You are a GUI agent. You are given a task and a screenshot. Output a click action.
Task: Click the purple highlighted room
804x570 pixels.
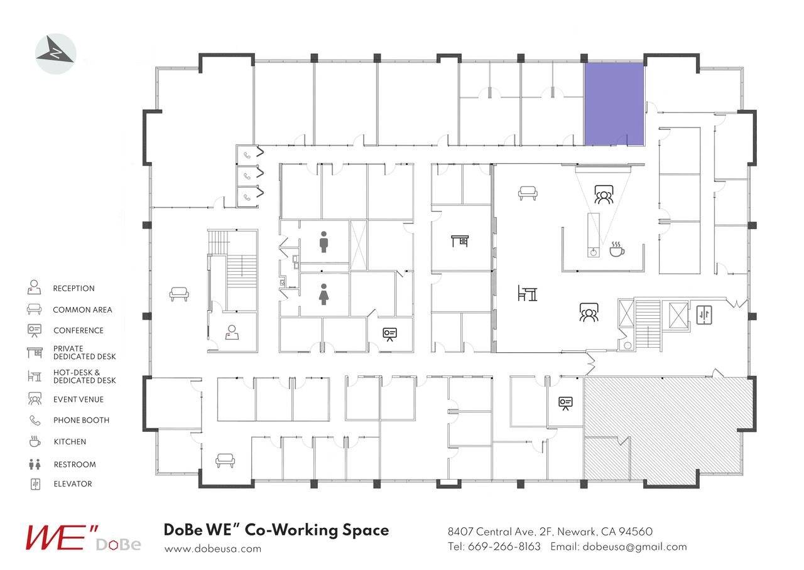pyautogui.click(x=614, y=104)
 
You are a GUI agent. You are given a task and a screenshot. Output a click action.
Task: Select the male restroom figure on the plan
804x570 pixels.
pyautogui.click(x=323, y=242)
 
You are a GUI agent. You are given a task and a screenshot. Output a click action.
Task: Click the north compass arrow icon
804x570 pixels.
pyautogui.click(x=56, y=54)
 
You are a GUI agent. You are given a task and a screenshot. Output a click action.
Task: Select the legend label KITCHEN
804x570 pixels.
pyautogui.click(x=70, y=442)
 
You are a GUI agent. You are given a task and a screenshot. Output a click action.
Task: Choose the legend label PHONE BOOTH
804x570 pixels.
pyautogui.click(x=81, y=421)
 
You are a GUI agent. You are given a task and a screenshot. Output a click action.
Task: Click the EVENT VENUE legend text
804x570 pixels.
pyautogui.click(x=79, y=400)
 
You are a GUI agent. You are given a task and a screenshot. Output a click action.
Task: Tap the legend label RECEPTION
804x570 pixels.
pyautogui.click(x=73, y=289)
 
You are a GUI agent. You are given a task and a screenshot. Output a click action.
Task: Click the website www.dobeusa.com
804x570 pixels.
pyautogui.click(x=212, y=549)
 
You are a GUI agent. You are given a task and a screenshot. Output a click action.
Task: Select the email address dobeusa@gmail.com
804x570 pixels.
pyautogui.click(x=634, y=547)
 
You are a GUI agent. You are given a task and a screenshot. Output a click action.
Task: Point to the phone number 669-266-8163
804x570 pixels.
pyautogui.click(x=504, y=547)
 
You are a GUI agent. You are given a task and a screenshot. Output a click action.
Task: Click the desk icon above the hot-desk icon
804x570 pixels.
pyautogui.click(x=460, y=240)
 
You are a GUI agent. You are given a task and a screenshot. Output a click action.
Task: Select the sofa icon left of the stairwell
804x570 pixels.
pyautogui.click(x=179, y=294)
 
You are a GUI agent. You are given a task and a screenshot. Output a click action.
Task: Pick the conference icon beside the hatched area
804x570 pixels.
pyautogui.click(x=565, y=403)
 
